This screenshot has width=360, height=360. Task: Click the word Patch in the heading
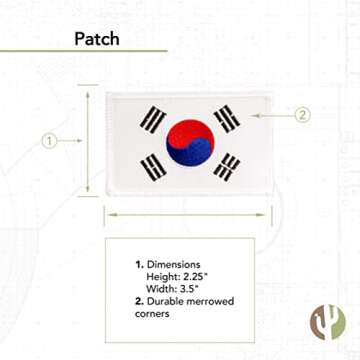click(98, 39)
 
